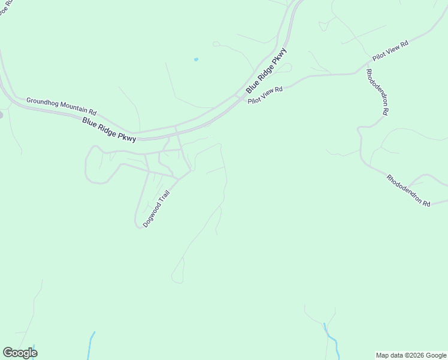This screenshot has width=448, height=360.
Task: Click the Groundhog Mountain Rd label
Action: coord(61,106)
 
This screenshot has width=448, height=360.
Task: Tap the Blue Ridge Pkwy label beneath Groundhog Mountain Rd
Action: coord(109,129)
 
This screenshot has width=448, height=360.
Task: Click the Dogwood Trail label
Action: coord(157,208)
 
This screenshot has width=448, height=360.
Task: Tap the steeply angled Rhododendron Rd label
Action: coord(378,92)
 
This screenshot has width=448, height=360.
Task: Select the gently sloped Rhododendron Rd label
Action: coord(408,191)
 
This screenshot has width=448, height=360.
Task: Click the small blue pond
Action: coord(196,59)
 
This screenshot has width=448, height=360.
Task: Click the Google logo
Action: coord(20,353)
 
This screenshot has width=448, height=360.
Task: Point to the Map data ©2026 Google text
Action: coord(411,355)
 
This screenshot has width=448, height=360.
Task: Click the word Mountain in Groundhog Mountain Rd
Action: coord(71,108)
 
